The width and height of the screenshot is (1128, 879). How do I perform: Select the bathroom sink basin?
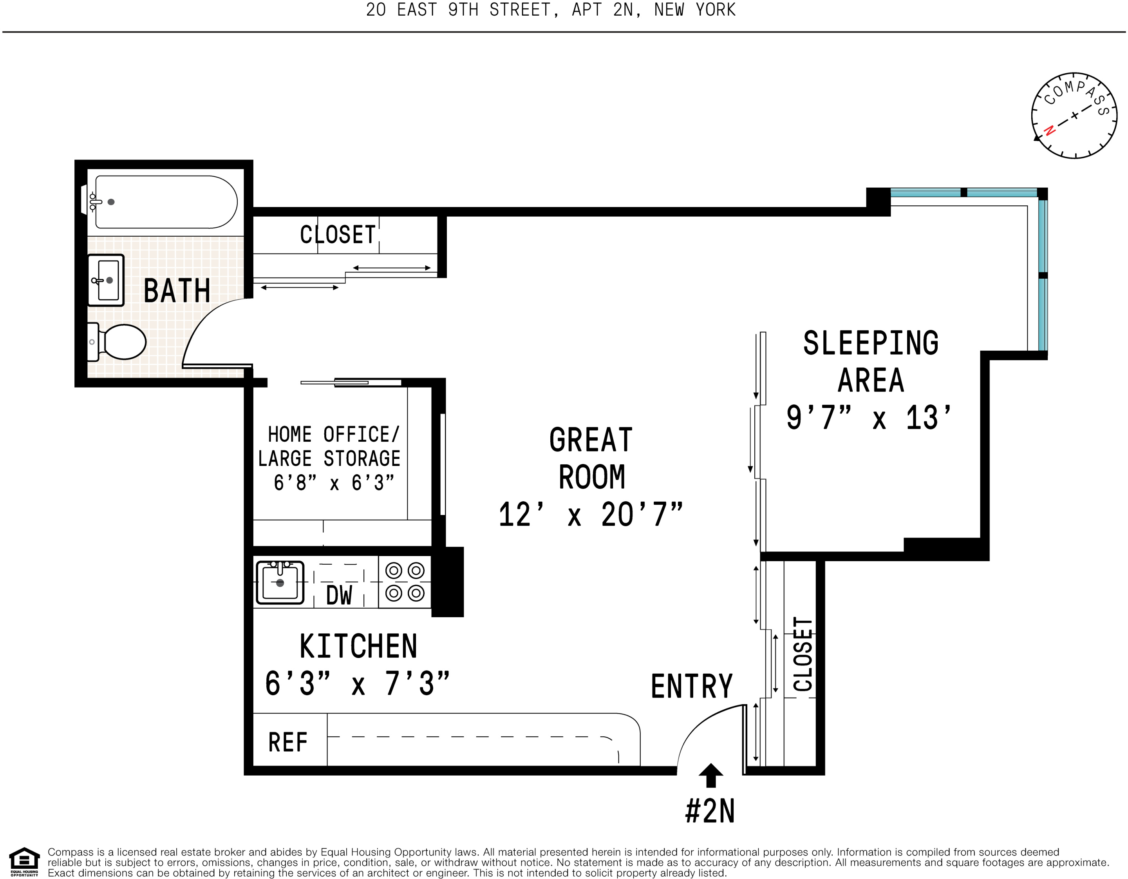click(106, 280)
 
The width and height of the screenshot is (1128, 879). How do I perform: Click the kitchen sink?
click(280, 582)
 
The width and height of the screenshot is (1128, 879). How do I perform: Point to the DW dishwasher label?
click(339, 595)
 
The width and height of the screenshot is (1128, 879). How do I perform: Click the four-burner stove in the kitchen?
click(405, 582)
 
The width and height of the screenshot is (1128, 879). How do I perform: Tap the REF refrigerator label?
click(288, 743)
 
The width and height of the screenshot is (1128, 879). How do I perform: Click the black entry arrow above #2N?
click(711, 775)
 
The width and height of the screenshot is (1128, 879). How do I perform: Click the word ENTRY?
click(692, 686)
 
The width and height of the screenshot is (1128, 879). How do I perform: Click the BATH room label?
click(177, 290)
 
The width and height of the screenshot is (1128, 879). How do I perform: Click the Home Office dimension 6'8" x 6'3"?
click(334, 483)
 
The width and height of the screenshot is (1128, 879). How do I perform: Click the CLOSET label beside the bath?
click(338, 235)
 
